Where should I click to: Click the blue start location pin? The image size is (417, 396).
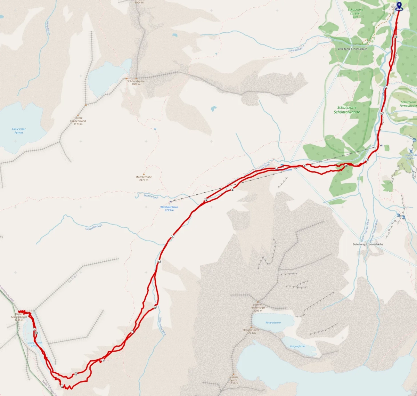coord(399,6)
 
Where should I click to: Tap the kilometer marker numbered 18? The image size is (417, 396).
coord(396,37)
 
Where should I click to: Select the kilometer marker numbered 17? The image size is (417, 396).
coord(382,114)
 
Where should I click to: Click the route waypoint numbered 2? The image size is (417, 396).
coord(367,160)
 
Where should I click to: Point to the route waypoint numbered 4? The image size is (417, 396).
coord(232,190)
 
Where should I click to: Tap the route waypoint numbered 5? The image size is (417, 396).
coord(172,237)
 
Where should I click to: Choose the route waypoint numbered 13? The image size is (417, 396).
coord(159,261)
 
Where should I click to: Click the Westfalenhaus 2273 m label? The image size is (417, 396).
coord(169,209)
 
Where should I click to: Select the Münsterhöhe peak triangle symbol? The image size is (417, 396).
coord(144,173)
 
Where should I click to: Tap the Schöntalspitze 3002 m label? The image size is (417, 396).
coord(136,83)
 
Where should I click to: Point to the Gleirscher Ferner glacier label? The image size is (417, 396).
coord(19,131)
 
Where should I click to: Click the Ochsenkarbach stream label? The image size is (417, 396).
coord(94,227)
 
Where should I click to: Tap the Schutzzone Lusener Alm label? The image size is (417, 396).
coord(355,14)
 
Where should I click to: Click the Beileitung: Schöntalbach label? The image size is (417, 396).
coord(352,49)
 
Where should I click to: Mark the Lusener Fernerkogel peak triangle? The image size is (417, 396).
coord(257,301)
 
